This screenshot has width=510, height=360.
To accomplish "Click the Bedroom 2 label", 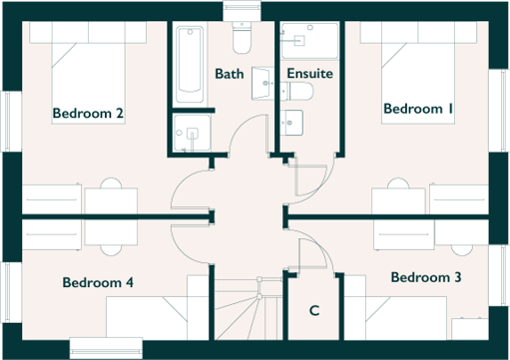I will pos(88,114).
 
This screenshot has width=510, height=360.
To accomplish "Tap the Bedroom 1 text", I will pos(418,108).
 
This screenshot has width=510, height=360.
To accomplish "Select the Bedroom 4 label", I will pos(98,282).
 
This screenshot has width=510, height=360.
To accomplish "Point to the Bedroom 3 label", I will pos(425,276).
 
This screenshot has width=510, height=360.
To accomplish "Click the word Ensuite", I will pos(309,74).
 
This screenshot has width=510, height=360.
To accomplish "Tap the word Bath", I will pos(229,74).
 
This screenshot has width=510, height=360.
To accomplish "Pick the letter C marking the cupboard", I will pos(313,311).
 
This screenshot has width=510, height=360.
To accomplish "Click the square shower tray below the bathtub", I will pos(193,133).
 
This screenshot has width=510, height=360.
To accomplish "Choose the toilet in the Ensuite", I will pos(298,91).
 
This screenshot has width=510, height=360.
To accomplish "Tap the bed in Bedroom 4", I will pos(150,319).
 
